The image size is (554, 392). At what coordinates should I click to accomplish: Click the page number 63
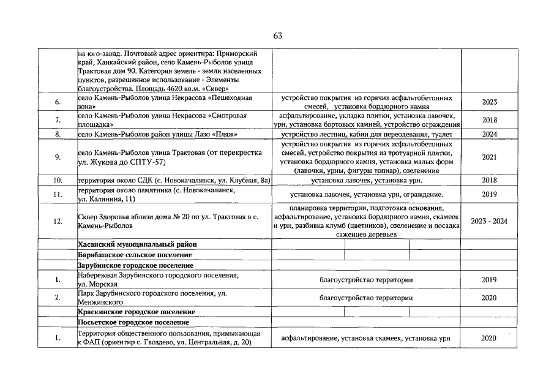coord(277,36)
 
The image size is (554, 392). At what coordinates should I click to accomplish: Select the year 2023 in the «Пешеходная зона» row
coord(490,102)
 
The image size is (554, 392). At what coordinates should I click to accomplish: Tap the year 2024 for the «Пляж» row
coord(490,134)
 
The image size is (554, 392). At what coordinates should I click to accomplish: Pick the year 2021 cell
coord(490,157)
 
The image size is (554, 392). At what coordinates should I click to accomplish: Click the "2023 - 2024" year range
coord(490,221)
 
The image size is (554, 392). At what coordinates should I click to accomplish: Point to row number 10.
coord(58,180)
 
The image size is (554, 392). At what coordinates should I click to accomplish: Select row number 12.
coord(58,221)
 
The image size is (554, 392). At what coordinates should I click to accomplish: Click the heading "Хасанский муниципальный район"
coord(138,244)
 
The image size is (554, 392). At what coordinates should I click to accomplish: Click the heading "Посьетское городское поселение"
coord(133,322)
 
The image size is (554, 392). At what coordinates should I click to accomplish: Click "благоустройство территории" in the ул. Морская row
coord(366,280)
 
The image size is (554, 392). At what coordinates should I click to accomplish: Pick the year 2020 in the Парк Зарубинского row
coord(490,298)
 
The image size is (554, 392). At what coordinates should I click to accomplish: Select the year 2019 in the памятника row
coord(490,195)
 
